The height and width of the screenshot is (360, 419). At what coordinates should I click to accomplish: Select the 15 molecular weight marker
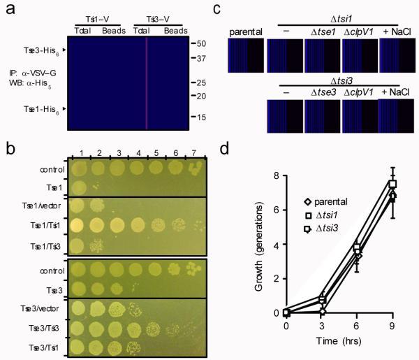click(x=198, y=117)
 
